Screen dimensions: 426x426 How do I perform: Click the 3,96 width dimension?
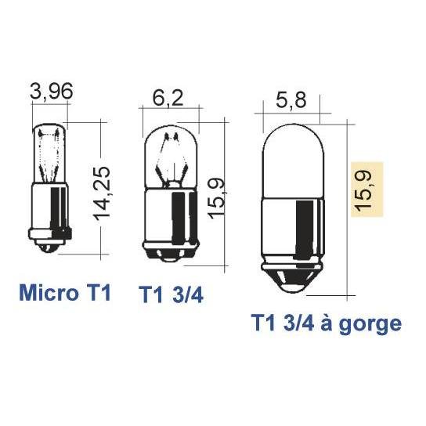(x=52, y=91)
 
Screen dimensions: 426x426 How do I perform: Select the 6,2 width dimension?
(x=168, y=98)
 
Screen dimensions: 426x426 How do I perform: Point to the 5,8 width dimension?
(x=291, y=100)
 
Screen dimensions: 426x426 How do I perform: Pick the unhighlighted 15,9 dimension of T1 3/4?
(x=216, y=198)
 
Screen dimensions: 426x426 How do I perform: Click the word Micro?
(x=49, y=293)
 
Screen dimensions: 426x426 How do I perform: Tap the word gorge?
(x=370, y=325)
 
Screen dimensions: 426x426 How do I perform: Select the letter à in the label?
(x=327, y=322)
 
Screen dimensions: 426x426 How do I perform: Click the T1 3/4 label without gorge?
(x=171, y=294)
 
